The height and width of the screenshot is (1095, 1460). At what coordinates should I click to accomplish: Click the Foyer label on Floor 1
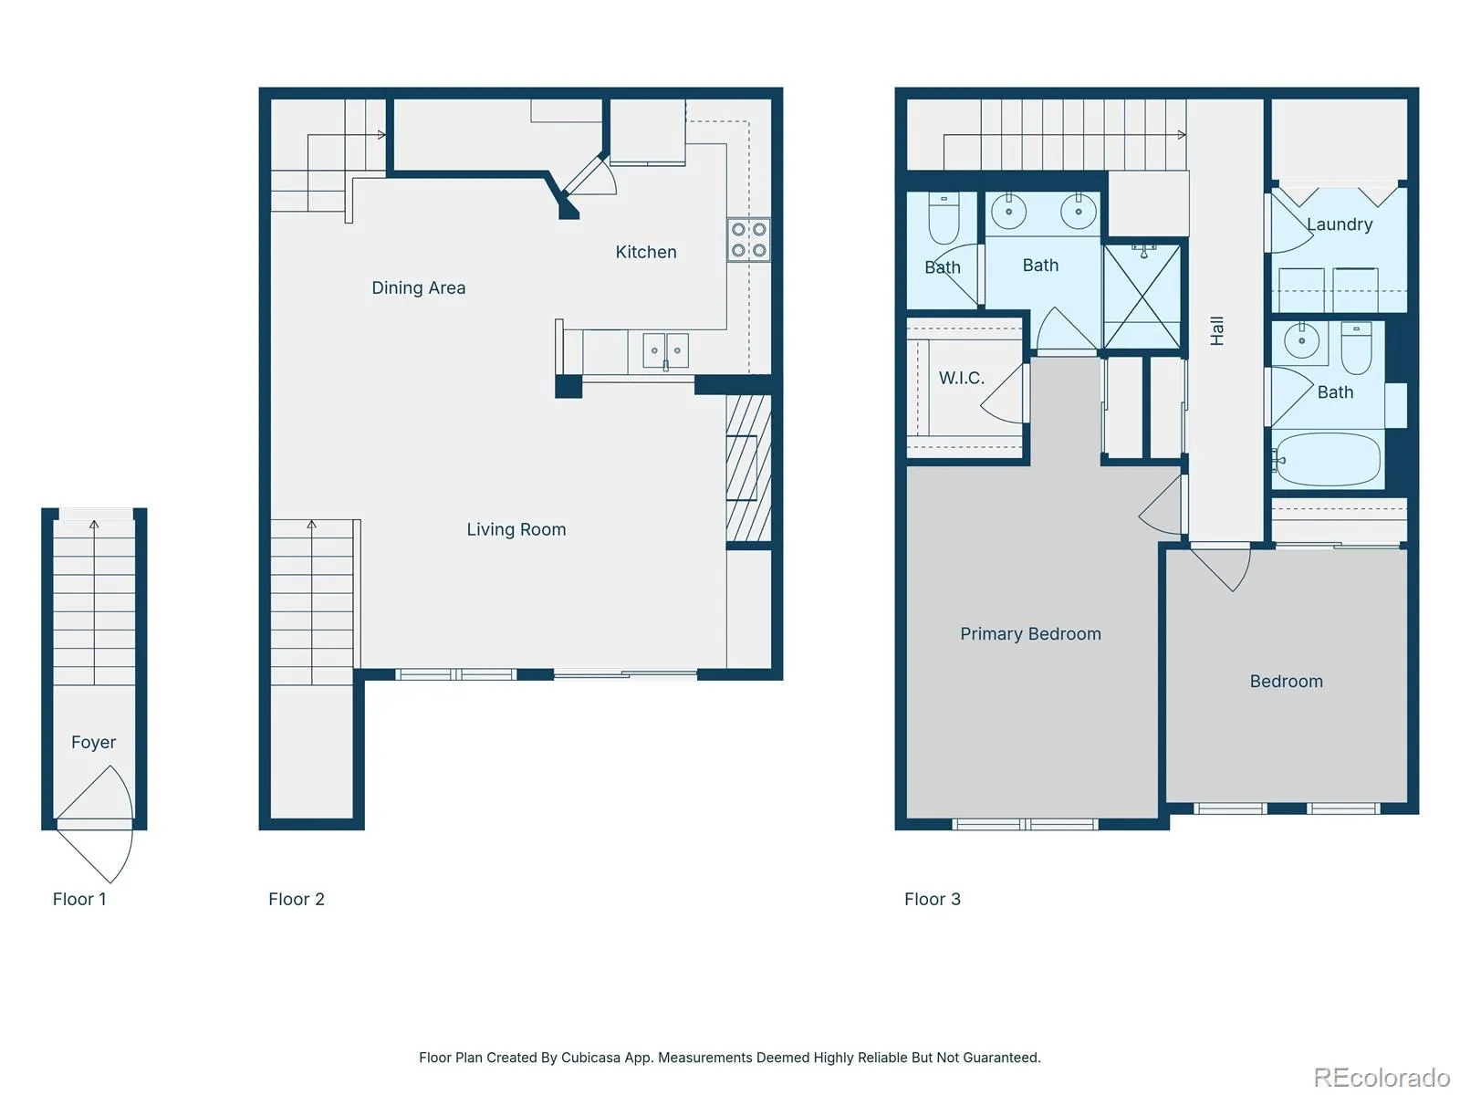(x=93, y=742)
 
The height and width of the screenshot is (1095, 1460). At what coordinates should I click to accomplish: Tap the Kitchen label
(x=645, y=252)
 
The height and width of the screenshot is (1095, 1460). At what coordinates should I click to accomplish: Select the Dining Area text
(x=418, y=287)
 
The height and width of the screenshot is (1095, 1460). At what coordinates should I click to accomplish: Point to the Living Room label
(x=516, y=529)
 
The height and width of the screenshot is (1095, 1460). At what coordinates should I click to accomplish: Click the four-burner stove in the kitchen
(x=748, y=240)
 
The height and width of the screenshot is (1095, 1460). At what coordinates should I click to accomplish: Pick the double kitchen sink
(x=665, y=350)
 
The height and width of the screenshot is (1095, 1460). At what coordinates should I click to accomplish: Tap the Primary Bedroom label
(x=1030, y=633)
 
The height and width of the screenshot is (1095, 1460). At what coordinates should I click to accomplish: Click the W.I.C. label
(x=961, y=378)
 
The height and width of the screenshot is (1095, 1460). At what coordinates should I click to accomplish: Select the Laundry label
(x=1339, y=224)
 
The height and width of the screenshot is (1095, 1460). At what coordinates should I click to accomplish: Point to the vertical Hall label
(x=1215, y=330)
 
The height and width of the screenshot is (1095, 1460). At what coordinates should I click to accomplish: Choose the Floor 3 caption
(x=932, y=899)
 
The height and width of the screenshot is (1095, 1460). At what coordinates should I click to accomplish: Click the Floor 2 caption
(x=296, y=899)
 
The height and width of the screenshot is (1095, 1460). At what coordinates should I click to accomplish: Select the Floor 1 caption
(x=79, y=899)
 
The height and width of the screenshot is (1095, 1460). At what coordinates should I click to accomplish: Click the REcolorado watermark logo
(x=1382, y=1077)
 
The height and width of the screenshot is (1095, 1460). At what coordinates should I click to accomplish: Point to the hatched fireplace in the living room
(x=748, y=468)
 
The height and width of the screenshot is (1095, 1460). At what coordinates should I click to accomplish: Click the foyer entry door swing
(x=95, y=824)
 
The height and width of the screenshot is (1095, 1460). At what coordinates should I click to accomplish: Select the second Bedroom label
(x=1286, y=682)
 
